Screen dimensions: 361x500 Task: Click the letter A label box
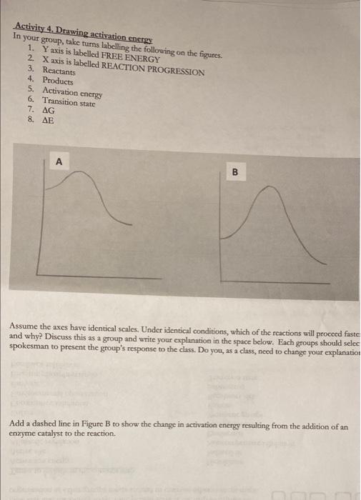(59, 161)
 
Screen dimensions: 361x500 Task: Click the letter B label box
(234, 171)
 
